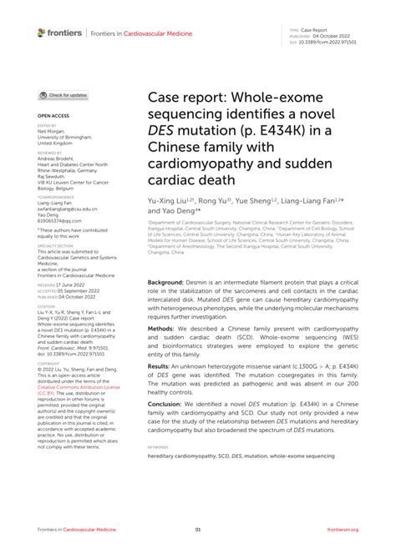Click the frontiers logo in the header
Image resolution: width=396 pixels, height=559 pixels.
(59, 33)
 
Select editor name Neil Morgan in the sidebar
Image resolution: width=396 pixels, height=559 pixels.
(51, 132)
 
